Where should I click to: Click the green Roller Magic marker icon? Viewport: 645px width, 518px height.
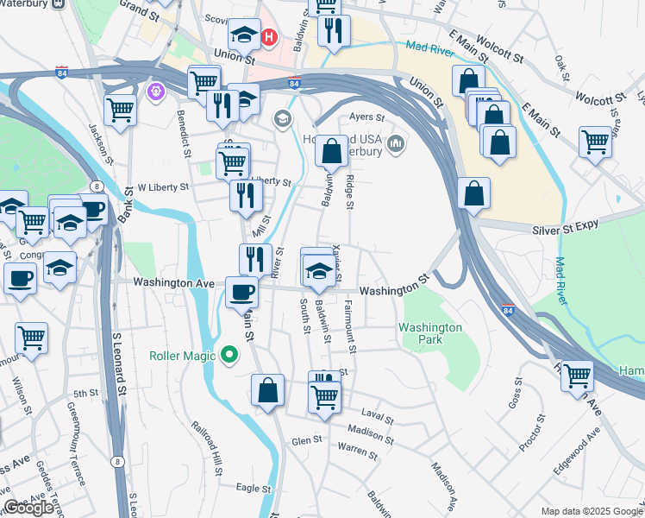click(229, 354)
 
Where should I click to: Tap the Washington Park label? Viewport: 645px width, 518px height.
click(430, 333)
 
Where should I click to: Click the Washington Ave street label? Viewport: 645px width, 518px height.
click(173, 282)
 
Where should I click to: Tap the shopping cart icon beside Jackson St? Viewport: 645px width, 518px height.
click(121, 110)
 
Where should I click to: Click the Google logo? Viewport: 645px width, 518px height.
click(28, 508)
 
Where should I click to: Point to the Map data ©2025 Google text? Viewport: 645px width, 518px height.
click(591, 511)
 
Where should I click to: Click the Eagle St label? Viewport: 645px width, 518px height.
click(254, 488)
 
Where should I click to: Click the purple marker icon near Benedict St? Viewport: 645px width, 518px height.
click(156, 89)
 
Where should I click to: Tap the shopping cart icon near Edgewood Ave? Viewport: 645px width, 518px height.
click(577, 376)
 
